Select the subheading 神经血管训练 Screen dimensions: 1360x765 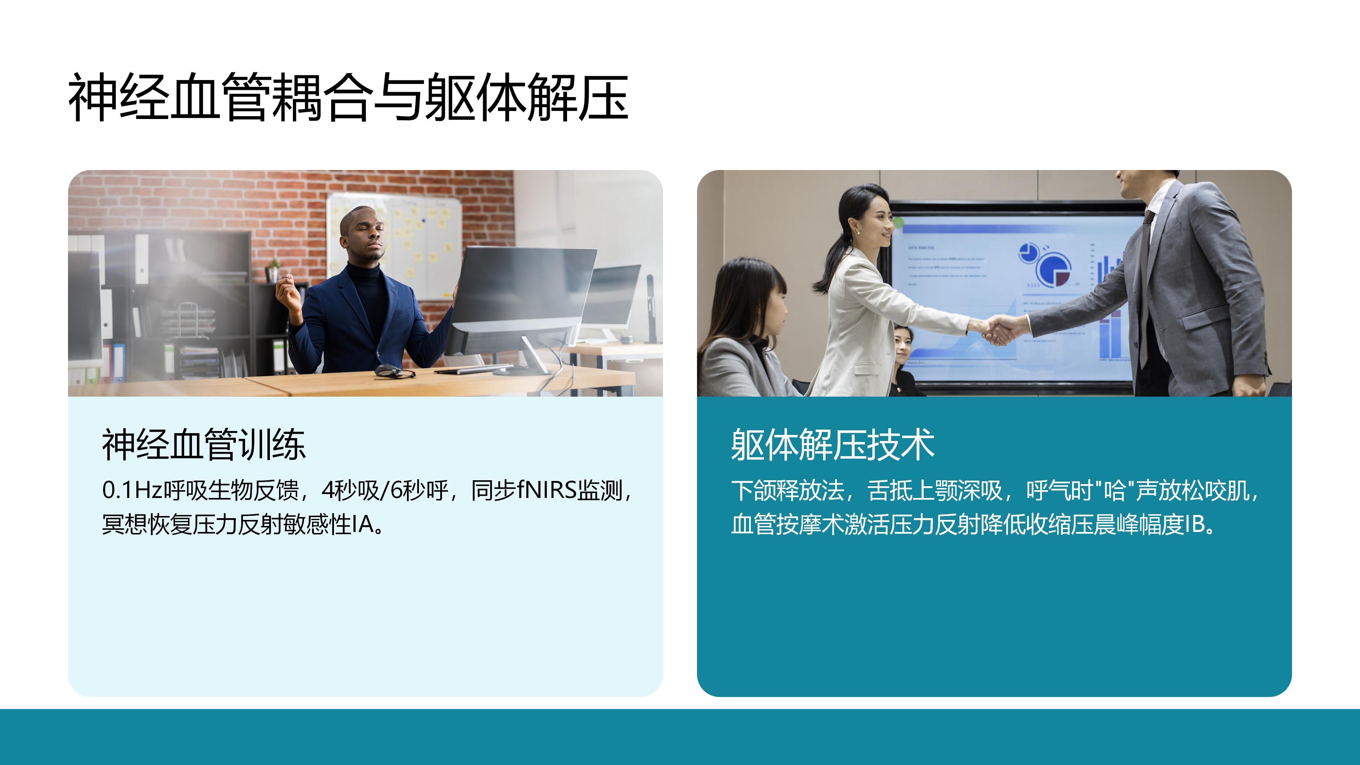point(204,444)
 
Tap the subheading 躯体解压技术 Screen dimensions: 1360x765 point(833,444)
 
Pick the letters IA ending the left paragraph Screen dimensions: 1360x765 point(363,524)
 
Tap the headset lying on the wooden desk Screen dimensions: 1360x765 point(395,372)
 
